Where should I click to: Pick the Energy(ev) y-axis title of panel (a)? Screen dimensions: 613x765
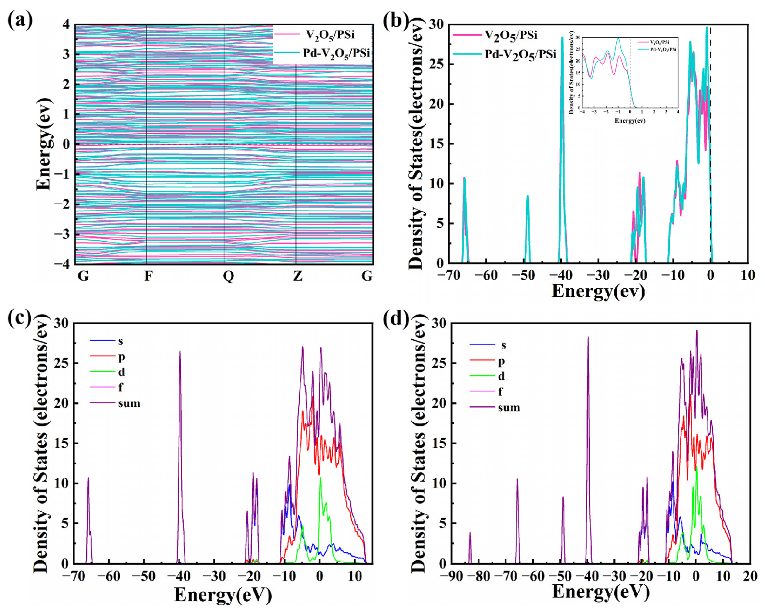click(44, 144)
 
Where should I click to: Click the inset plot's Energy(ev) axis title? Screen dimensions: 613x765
click(630, 121)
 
